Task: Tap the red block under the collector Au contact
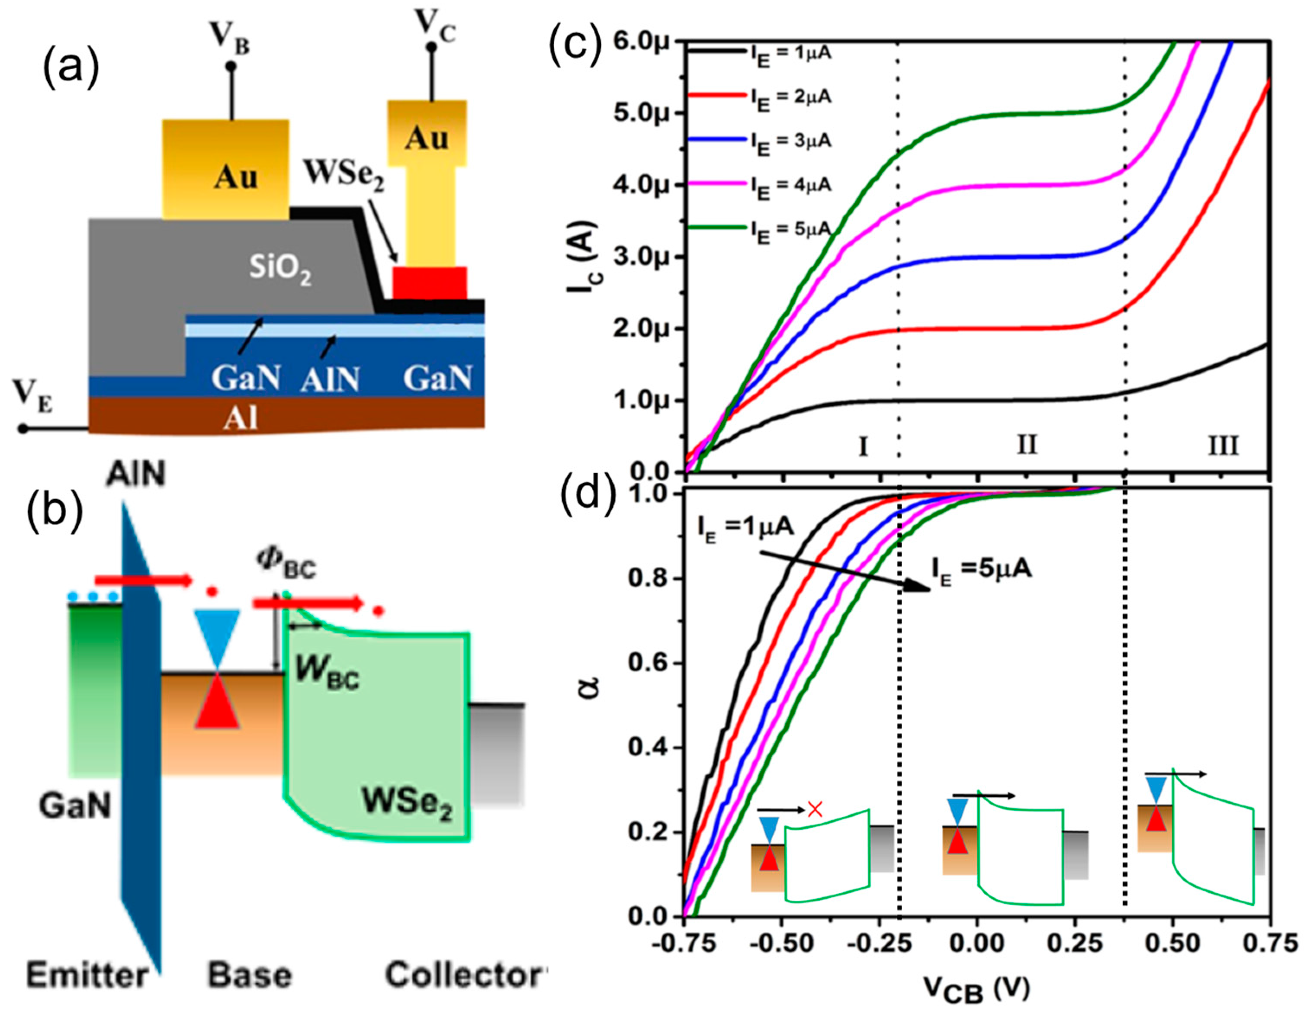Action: click(x=429, y=283)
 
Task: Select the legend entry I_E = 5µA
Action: click(x=790, y=230)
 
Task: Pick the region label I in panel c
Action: click(x=863, y=446)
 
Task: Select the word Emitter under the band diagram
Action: click(x=87, y=975)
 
